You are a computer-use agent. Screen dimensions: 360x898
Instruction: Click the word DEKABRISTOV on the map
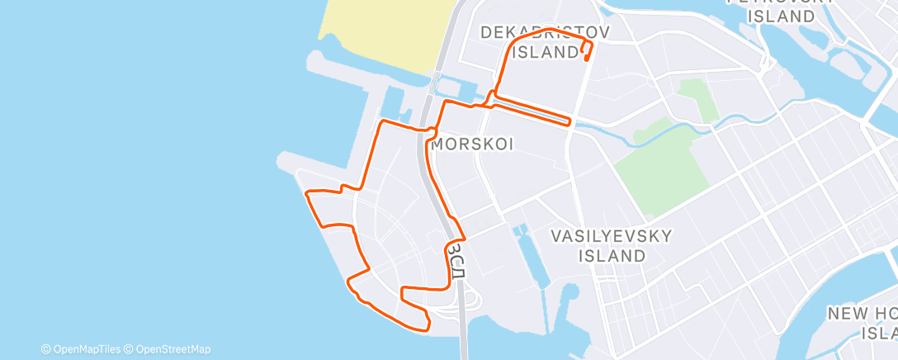pyautogui.click(x=544, y=33)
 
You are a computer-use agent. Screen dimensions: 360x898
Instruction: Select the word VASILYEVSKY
pyautogui.click(x=612, y=237)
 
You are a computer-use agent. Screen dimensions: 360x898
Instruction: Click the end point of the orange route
pyautogui.click(x=585, y=59)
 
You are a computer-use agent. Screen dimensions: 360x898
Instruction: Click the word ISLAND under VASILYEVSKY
pyautogui.click(x=612, y=256)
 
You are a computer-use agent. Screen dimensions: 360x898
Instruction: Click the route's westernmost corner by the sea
pyautogui.click(x=307, y=194)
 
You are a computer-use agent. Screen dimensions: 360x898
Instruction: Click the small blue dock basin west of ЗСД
pyautogui.click(x=393, y=103)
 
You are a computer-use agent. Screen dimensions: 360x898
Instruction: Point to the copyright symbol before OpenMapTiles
pyautogui.click(x=46, y=349)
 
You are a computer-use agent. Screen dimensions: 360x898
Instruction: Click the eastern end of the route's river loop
pyautogui.click(x=570, y=122)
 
